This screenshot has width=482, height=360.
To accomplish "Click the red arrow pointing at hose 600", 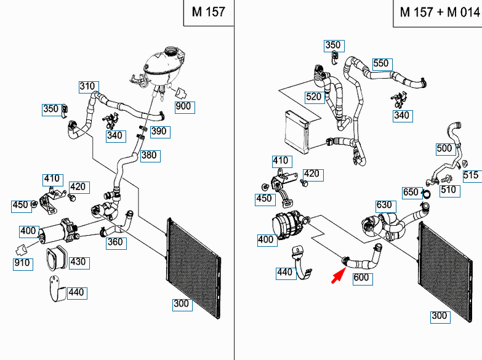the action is [339, 275].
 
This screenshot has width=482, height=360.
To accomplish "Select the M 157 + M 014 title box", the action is [438, 13].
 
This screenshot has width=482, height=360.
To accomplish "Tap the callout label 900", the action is [185, 107].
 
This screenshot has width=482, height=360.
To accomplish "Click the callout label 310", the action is [89, 87].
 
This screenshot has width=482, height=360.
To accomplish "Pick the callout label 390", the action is [160, 132].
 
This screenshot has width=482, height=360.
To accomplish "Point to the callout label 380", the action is [150, 156].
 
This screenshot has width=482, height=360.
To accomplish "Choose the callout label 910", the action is [23, 264].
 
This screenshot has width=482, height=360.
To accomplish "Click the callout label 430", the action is [79, 263].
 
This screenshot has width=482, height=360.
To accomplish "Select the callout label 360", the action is [116, 243].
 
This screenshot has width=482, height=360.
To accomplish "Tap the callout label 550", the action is [382, 64].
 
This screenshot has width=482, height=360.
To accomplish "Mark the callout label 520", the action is [315, 98].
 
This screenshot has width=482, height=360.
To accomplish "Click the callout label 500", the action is [446, 149].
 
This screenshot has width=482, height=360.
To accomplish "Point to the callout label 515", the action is [473, 176].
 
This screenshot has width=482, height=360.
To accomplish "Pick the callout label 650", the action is [412, 193].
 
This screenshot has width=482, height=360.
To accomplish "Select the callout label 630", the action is [386, 206].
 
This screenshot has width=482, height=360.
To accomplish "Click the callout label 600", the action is [363, 279].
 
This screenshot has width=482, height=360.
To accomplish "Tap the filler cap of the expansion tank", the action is [170, 50].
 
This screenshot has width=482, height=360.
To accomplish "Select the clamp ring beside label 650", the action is [427, 194].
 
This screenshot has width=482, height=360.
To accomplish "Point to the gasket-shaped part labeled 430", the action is [57, 258].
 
